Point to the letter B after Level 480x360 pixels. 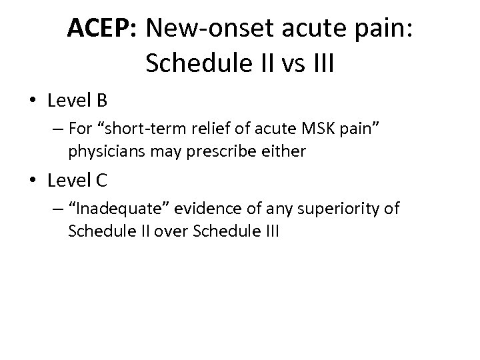point(101,101)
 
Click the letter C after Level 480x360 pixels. point(101,181)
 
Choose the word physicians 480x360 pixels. point(102,151)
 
